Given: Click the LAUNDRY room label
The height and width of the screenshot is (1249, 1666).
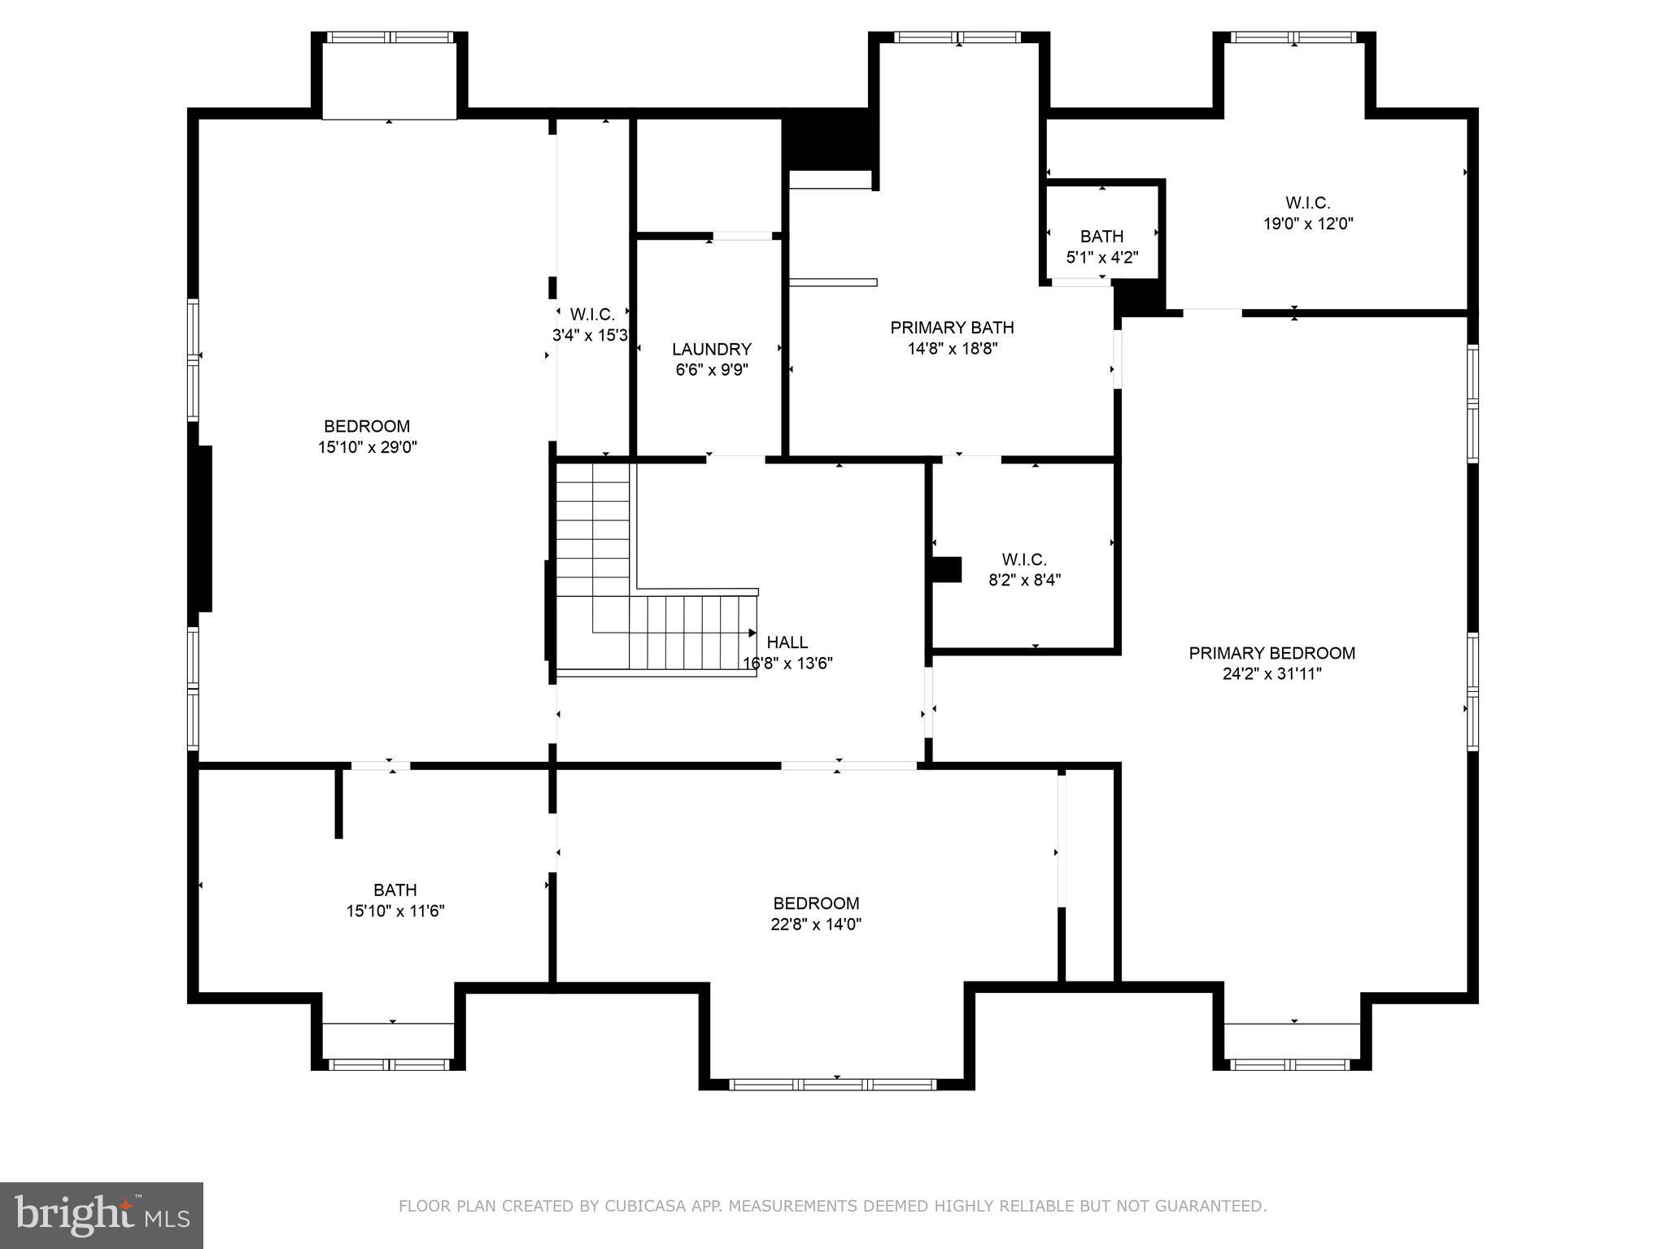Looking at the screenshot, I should pos(711,349).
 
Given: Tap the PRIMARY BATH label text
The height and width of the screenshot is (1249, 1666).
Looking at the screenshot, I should pos(952,328).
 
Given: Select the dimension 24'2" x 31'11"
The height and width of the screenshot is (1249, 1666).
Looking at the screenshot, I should pos(1271,673).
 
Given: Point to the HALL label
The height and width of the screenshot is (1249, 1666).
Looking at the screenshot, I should pos(787,642).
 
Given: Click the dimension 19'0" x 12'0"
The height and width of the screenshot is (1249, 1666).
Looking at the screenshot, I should pos(1307,224).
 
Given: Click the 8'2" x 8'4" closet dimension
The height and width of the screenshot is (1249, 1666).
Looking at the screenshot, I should pos(1024,580).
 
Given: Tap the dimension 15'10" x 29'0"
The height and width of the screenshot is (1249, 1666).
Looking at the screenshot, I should pos(367,446).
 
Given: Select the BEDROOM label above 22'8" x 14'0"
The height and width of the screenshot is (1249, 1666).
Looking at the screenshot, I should pos(816,903).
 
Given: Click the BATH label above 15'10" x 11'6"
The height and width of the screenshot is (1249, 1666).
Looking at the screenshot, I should pos(395,890).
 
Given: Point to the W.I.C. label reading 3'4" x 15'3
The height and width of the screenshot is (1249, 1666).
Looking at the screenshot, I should pos(591,315).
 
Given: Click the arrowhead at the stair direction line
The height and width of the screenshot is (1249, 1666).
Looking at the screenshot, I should pos(752,633).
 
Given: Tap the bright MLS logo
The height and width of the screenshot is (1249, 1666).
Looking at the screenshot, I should pos(101,1215).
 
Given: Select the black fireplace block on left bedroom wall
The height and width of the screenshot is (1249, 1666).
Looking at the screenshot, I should pos(201,529).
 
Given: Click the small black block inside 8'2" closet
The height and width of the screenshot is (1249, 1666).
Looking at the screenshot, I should pos(946,569).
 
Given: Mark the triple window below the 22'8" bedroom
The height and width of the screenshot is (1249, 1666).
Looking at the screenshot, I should pos(834,1084).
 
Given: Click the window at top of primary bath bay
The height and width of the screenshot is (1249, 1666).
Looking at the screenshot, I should pos(957,37).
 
